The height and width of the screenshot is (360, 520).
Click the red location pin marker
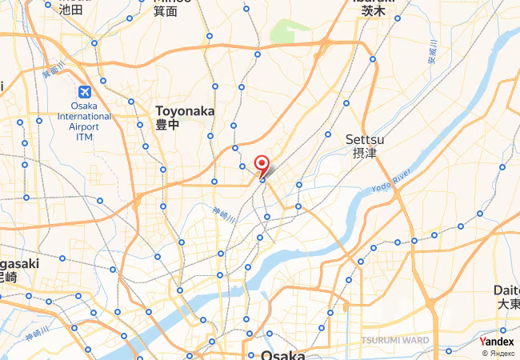pyautogui.click(x=262, y=165)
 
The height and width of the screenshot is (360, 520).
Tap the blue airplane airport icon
pyautogui.click(x=84, y=93)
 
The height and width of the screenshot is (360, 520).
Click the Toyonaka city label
pyautogui.click(x=185, y=111)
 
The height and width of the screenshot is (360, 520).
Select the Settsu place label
pyautogui.click(x=366, y=139)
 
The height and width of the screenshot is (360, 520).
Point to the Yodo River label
pyautogui.click(x=391, y=182)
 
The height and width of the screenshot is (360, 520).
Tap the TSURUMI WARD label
pyautogui.click(x=394, y=340)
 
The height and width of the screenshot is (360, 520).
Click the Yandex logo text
pyautogui.click(x=497, y=342)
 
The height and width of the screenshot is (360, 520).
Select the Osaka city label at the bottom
pyautogui.click(x=282, y=354)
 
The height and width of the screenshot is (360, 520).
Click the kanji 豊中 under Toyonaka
pyautogui.click(x=166, y=125)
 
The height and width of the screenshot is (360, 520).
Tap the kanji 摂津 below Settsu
pyautogui.click(x=364, y=153)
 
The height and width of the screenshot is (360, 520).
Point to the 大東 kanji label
pyautogui.click(x=508, y=304)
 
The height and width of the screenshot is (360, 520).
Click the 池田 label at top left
pyautogui.click(x=70, y=10)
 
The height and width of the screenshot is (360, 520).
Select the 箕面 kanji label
pyautogui.click(x=166, y=10)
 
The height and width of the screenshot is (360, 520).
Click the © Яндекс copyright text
pyautogui.click(x=498, y=353)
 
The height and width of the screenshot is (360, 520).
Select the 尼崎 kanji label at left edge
pyautogui.click(x=6, y=277)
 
